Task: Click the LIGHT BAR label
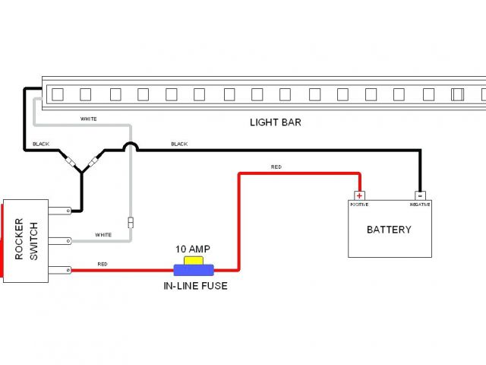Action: pyautogui.click(x=275, y=122)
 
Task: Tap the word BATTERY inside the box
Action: pyautogui.click(x=389, y=230)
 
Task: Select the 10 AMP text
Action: pyautogui.click(x=193, y=249)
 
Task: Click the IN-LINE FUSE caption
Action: pyautogui.click(x=195, y=286)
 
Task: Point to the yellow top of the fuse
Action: pyautogui.click(x=194, y=261)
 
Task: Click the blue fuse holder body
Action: pyautogui.click(x=194, y=269)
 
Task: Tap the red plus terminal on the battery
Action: pyautogui.click(x=360, y=195)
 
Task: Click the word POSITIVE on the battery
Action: pyautogui.click(x=359, y=205)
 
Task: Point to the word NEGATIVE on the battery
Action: pyautogui.click(x=420, y=205)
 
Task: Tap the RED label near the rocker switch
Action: pyautogui.click(x=103, y=264)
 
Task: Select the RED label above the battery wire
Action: pyautogui.click(x=275, y=167)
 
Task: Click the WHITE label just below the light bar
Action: pyautogui.click(x=89, y=119)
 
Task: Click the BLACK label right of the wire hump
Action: pyautogui.click(x=179, y=144)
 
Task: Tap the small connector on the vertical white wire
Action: pyautogui.click(x=131, y=222)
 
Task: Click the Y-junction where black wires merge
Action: pyautogui.click(x=81, y=173)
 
